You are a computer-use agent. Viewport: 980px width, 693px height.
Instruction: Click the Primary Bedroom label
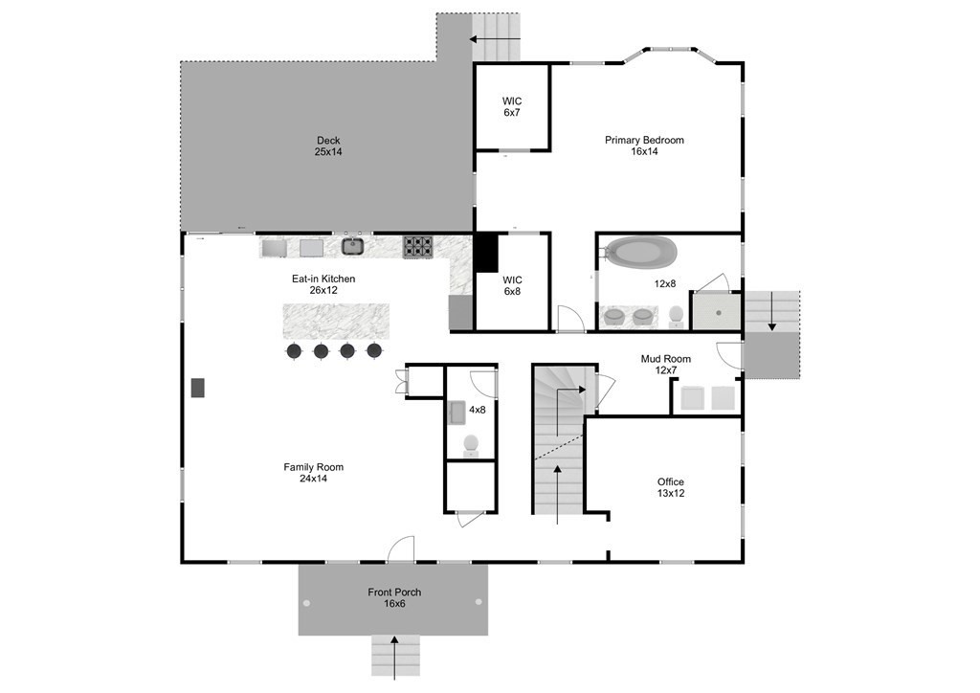(644, 140)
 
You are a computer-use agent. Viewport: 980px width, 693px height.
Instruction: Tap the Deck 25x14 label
(328, 146)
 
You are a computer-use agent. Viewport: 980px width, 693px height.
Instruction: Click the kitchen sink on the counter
(353, 246)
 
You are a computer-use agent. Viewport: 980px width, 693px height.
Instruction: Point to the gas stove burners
(417, 247)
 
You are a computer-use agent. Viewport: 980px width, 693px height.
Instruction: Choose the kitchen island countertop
(336, 322)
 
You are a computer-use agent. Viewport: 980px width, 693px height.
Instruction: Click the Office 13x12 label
(671, 487)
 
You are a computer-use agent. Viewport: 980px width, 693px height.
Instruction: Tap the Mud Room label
(666, 359)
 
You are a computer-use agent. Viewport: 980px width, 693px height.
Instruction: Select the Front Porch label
(394, 592)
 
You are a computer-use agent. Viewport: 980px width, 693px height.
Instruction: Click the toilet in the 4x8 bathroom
(471, 444)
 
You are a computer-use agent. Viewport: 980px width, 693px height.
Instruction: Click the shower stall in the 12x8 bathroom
(716, 311)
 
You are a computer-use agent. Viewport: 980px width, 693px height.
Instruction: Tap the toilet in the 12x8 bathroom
(676, 316)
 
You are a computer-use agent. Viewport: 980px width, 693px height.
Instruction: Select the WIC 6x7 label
(512, 107)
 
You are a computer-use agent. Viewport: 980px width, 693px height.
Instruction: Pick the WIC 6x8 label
(512, 285)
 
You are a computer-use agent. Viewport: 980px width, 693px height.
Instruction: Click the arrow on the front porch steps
(394, 658)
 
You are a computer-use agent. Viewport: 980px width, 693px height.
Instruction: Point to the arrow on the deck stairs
(495, 38)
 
